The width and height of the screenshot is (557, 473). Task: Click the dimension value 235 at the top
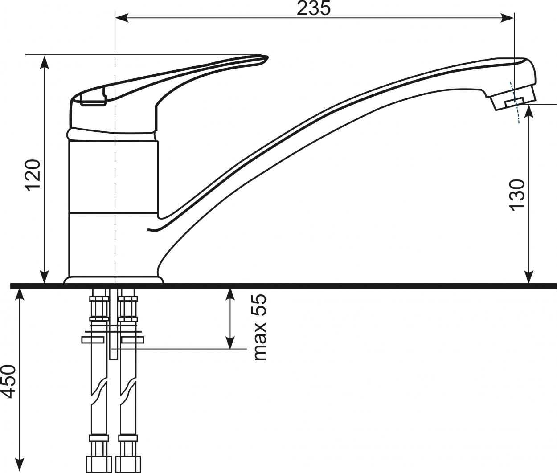[313, 8]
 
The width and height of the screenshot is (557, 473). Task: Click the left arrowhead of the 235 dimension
[122, 18]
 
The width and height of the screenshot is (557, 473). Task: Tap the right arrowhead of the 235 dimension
[508, 18]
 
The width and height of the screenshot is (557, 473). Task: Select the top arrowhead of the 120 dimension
[45, 61]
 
